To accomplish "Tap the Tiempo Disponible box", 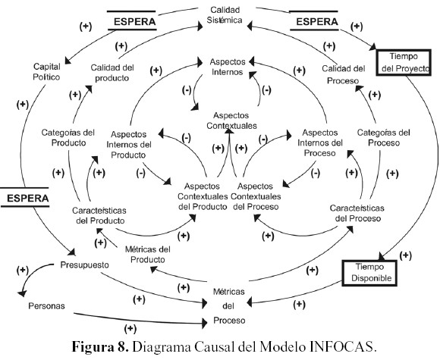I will [370, 274].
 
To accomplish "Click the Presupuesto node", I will [84, 265].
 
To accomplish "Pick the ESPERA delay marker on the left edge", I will [30, 199].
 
